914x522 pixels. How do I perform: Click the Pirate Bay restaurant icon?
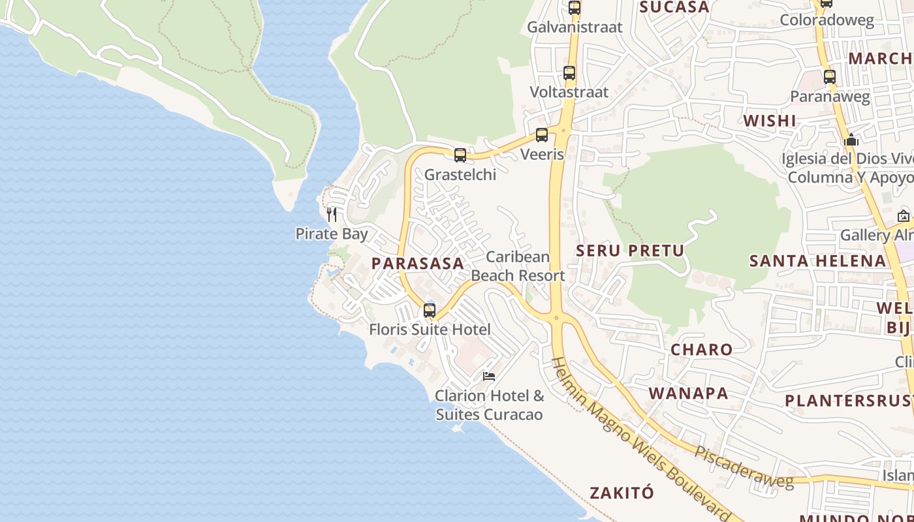332,214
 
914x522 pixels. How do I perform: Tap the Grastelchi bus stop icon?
460,155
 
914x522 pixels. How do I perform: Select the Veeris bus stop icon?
542,135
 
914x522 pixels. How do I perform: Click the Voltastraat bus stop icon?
569,73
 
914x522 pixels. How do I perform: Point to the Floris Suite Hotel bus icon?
430,311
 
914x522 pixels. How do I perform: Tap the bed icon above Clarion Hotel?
488,376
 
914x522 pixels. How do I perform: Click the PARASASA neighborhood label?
418,264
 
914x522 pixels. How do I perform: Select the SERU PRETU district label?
630,251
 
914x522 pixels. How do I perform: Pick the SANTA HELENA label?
817,261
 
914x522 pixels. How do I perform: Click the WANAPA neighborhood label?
689,393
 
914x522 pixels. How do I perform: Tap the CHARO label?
702,350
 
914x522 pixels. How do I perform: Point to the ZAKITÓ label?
622,493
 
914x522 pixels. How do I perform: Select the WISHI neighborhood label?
770,121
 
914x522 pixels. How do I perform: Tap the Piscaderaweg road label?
744,467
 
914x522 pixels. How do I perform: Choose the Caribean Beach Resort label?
518,266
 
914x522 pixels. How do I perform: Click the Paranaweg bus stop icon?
830,77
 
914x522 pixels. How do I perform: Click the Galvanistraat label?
575,27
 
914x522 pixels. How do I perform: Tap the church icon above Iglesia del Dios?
851,140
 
